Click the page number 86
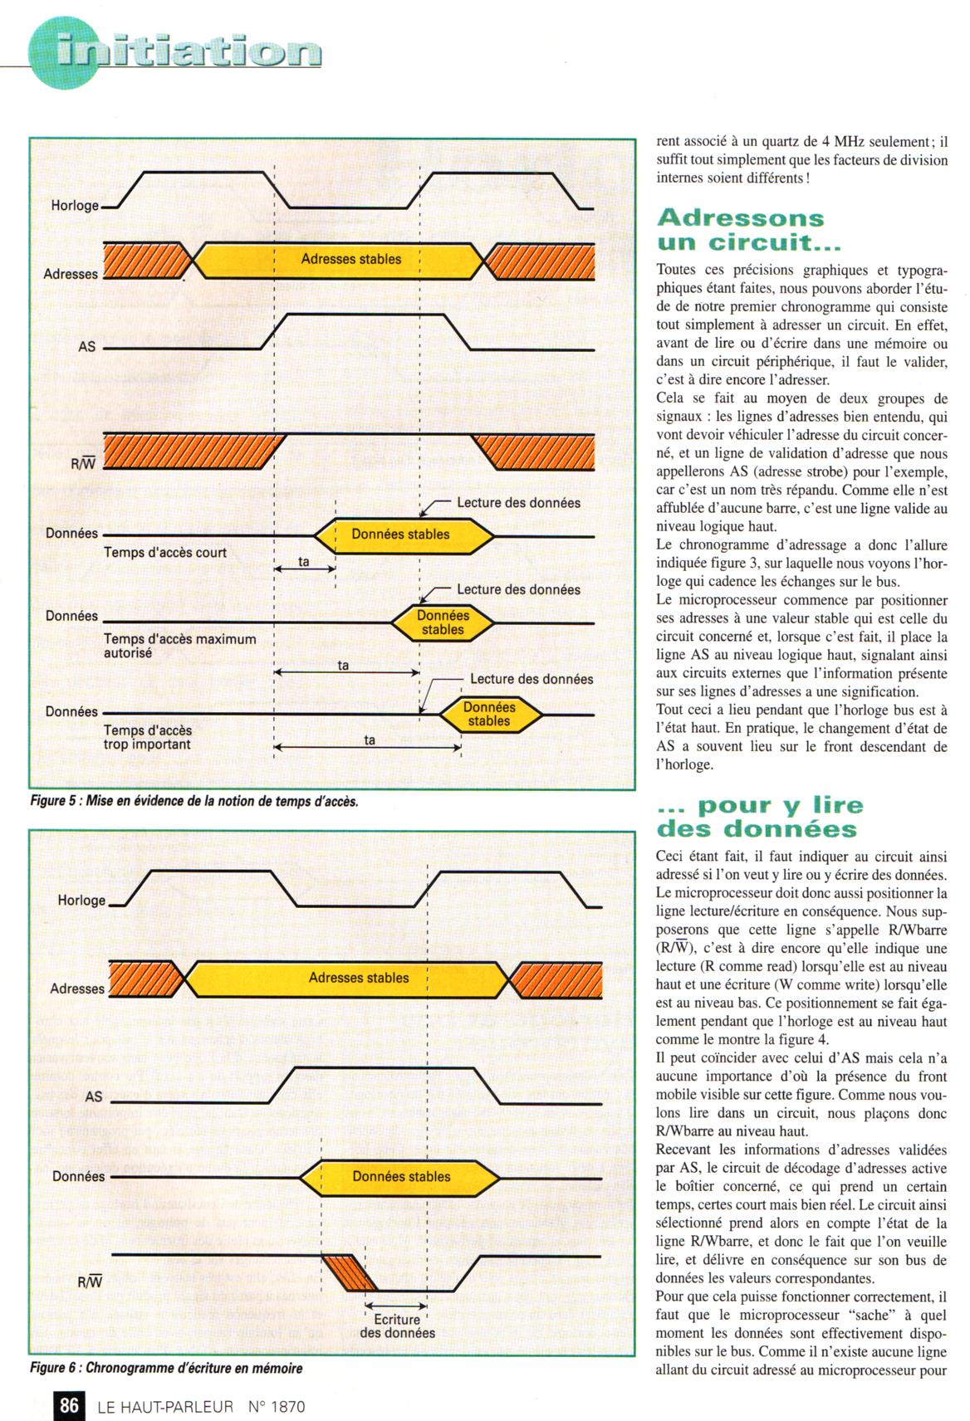(x=68, y=1405)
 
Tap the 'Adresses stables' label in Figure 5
(x=350, y=259)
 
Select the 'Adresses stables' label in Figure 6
(x=359, y=978)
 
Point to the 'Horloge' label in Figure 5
(x=75, y=206)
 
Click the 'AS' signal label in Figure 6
(x=94, y=1096)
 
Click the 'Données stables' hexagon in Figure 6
(x=401, y=1176)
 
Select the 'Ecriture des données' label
(x=397, y=1326)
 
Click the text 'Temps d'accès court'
(x=165, y=553)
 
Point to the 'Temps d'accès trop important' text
(x=147, y=737)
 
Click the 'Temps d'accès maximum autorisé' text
(x=179, y=646)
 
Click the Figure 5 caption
(x=194, y=801)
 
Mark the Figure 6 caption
(x=166, y=1368)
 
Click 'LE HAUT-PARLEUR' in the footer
(x=165, y=1406)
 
